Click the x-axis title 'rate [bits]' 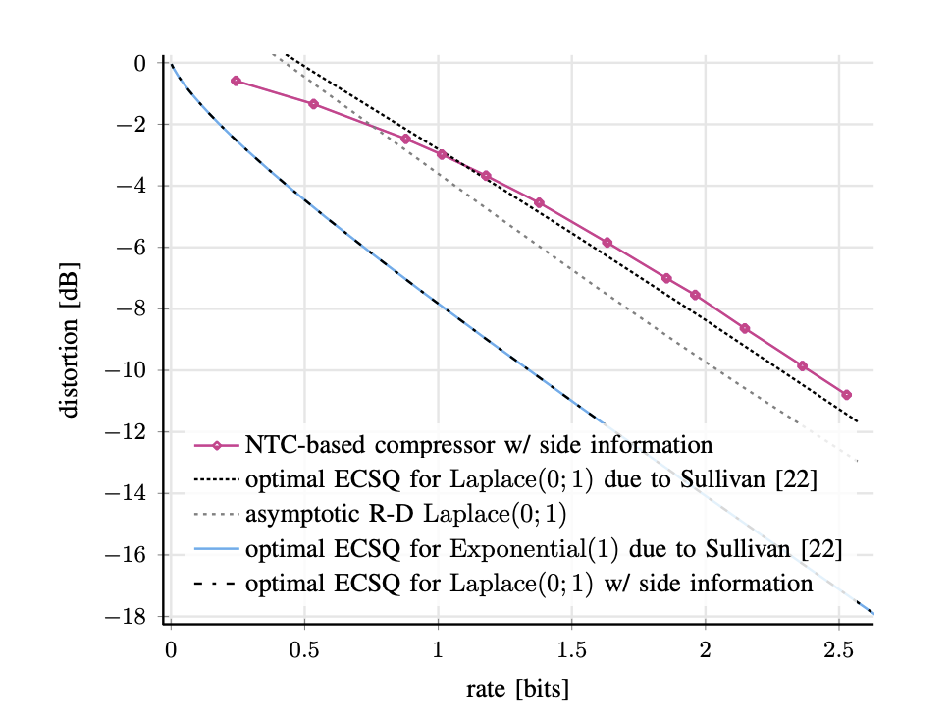click(517, 689)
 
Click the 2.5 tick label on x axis click(837, 650)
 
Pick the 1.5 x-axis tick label click(571, 650)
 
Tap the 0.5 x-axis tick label click(304, 650)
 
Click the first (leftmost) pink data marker click(236, 81)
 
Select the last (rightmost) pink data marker click(846, 395)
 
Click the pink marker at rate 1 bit click(442, 154)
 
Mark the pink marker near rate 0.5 click(313, 103)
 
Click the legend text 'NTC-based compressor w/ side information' click(479, 444)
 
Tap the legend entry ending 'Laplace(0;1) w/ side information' click(529, 584)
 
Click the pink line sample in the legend click(217, 445)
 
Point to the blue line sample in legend click(217, 549)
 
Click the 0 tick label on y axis click(139, 63)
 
